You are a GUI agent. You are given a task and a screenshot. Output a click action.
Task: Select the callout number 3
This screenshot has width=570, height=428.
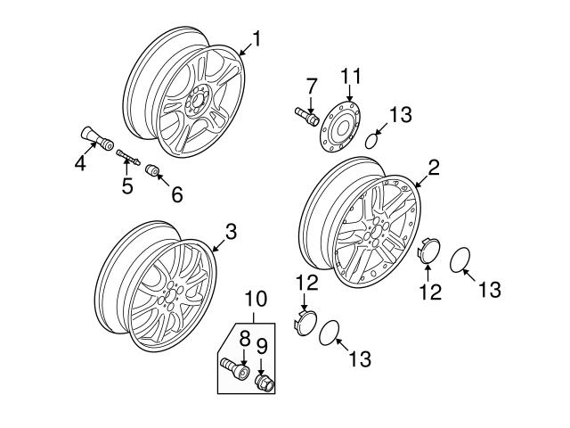[230, 232]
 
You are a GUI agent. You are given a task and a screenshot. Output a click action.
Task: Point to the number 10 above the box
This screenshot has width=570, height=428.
[256, 297]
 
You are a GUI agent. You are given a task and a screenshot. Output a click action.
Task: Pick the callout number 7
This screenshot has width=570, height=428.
[311, 86]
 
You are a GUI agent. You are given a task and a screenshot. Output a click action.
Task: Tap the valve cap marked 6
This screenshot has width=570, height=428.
[151, 169]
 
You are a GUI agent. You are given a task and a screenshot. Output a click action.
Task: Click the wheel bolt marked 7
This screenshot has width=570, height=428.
[305, 115]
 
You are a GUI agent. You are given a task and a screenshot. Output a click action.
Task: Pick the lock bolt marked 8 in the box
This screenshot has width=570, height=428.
[232, 366]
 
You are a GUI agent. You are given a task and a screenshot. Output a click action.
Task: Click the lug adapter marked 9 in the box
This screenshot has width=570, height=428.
[265, 383]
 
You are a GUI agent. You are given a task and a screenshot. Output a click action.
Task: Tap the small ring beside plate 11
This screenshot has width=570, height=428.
[376, 139]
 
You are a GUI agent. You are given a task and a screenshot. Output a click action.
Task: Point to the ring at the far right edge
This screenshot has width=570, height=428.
[460, 262]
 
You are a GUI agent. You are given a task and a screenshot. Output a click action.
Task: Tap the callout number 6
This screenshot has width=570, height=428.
[176, 193]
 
